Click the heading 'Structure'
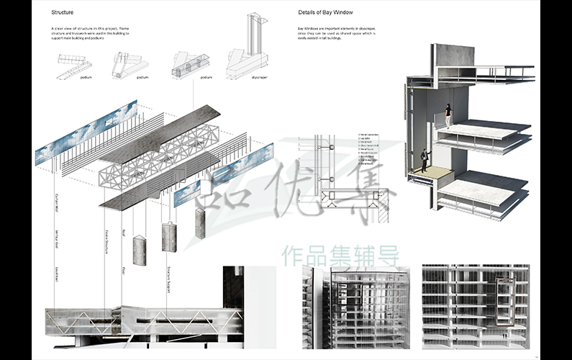(x=63, y=13)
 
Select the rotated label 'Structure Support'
(x=170, y=280)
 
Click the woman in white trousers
(x=448, y=116)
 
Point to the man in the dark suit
(x=425, y=160)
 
